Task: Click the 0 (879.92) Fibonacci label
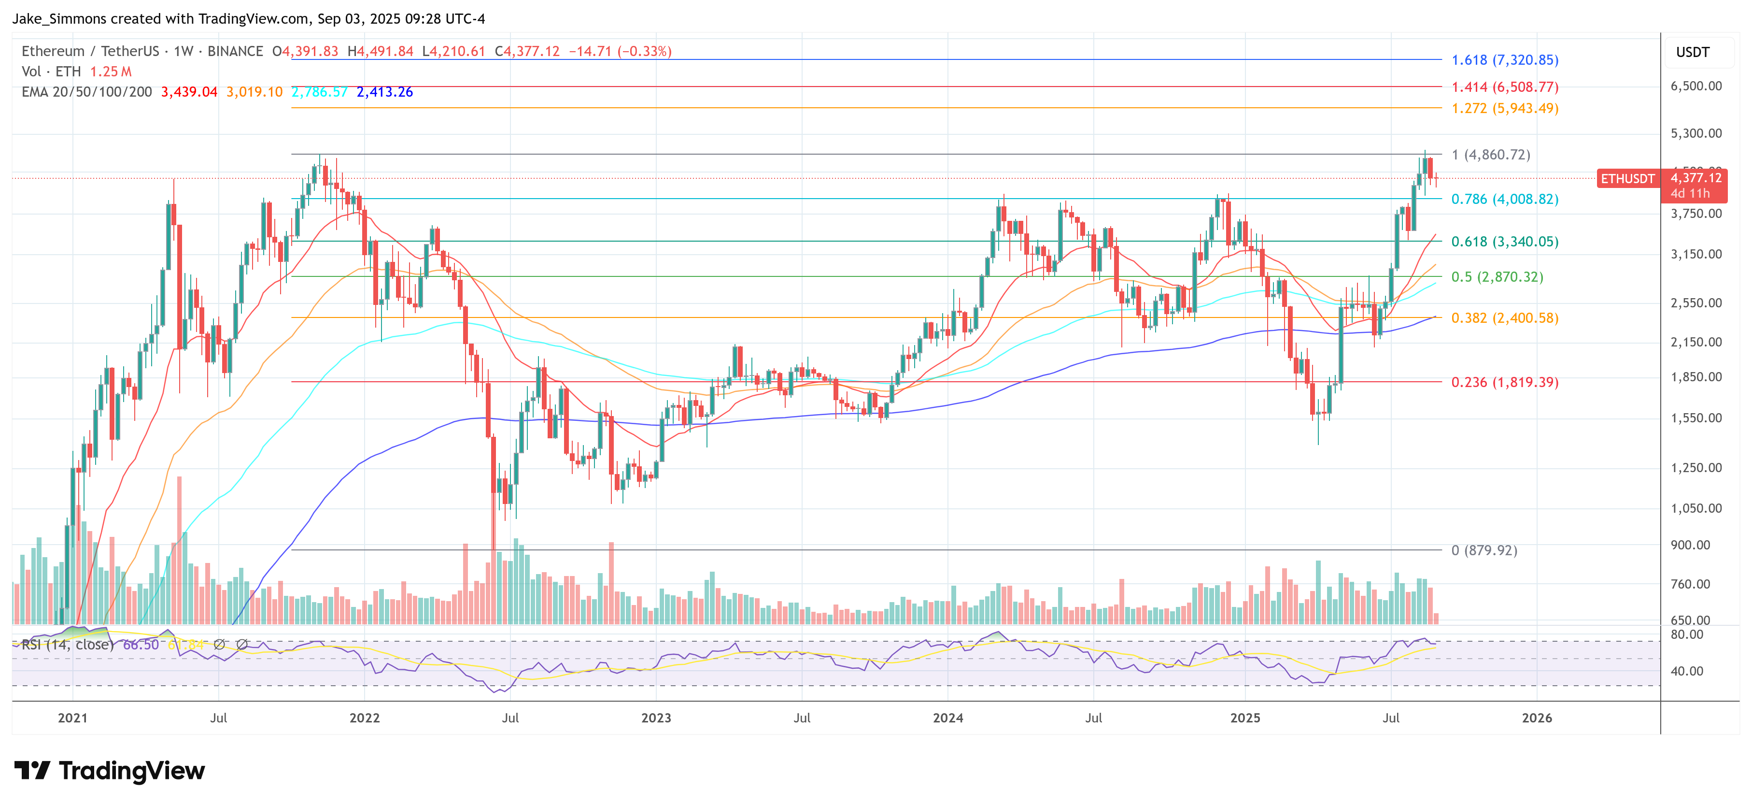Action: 1484,550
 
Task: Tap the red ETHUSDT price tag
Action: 1627,179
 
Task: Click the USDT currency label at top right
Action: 1692,52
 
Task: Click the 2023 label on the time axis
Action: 656,718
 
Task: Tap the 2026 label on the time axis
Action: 1537,718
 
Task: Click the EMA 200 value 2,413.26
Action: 384,92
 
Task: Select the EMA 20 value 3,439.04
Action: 189,92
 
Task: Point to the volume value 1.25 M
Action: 111,72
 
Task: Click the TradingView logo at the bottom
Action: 110,771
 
